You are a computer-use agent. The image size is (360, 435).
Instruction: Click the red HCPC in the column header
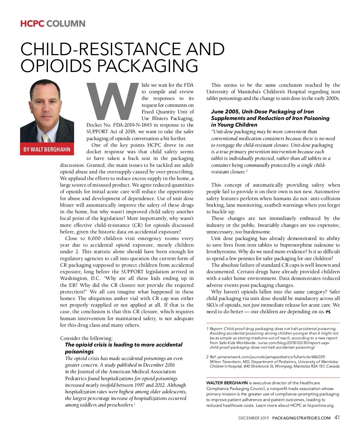click(x=32, y=24)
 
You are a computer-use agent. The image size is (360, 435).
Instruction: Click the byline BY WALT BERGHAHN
click(x=47, y=149)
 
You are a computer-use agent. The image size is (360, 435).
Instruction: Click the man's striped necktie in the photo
click(x=46, y=138)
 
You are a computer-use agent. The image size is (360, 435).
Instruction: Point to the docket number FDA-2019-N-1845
click(x=132, y=125)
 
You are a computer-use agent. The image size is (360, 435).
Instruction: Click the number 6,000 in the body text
click(x=94, y=238)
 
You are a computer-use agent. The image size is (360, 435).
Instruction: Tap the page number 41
click(x=337, y=418)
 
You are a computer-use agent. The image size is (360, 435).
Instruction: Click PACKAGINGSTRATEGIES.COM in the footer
click(x=301, y=418)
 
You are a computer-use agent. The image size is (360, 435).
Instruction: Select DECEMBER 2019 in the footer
click(x=253, y=418)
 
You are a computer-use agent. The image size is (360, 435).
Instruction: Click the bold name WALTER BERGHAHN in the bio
click(x=227, y=383)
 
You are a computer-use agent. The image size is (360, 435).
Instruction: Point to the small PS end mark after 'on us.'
click(x=328, y=312)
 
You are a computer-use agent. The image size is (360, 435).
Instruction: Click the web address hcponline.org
click(x=321, y=405)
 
